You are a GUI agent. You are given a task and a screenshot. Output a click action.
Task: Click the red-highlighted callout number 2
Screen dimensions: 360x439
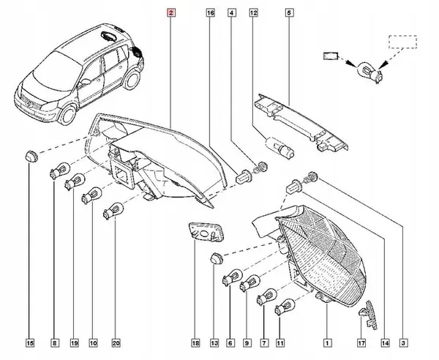tap(171, 13)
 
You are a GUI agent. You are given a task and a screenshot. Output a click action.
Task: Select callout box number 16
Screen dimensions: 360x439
tap(211, 13)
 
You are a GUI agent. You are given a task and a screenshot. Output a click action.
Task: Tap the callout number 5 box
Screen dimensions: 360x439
tap(289, 13)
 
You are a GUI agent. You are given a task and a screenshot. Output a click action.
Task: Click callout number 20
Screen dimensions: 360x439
tap(116, 342)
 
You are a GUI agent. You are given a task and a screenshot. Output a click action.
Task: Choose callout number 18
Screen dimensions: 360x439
tap(195, 342)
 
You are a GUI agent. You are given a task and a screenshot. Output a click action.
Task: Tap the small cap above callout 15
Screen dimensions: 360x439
tap(30, 155)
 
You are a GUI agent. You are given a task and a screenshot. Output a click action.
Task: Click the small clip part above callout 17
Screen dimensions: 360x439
tap(366, 312)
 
